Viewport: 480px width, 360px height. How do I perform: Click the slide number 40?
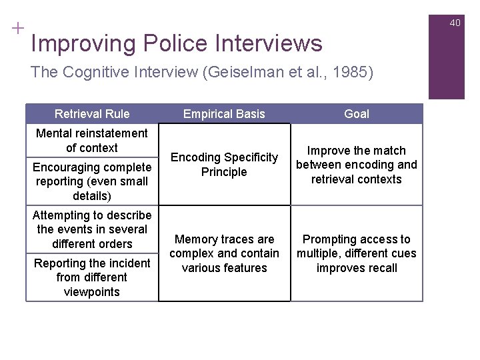455,23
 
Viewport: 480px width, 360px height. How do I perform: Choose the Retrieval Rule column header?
92,114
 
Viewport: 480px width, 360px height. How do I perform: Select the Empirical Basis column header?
224,114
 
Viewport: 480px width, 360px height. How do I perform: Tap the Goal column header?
357,114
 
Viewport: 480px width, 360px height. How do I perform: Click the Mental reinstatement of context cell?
92,141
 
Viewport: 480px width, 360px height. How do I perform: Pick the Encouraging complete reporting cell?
92,181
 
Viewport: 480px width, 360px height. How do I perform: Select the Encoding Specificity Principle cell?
224,165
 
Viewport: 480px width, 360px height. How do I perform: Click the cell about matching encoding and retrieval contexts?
357,165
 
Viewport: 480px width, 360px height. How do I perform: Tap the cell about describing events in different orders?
92,229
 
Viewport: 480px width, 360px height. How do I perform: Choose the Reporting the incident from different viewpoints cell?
92,277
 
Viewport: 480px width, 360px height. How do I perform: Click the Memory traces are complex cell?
224,253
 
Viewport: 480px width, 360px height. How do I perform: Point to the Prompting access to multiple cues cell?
357,253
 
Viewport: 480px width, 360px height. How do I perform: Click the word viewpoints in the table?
92,292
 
